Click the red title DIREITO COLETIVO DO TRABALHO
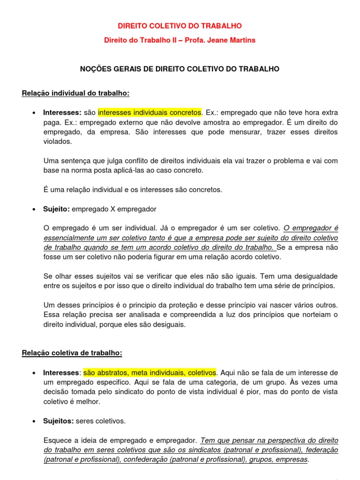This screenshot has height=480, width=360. point(180,26)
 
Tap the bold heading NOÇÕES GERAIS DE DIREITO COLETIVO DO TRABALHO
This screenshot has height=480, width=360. point(180,69)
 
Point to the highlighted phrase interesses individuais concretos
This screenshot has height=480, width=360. point(150,113)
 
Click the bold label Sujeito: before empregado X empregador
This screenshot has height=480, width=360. point(56,209)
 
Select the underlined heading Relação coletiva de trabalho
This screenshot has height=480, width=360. point(72,352)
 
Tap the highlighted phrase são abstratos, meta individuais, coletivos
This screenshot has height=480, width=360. point(150,373)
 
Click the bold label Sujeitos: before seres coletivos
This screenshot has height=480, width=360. point(58,421)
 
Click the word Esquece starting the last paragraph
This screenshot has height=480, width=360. point(57,441)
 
